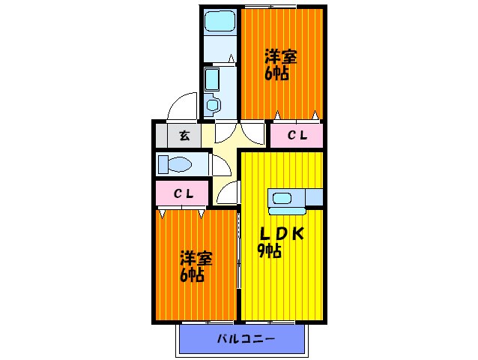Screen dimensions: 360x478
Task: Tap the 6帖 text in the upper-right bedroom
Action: [x=276, y=74]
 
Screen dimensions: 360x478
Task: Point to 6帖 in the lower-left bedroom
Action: [x=192, y=276]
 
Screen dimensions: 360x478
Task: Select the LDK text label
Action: [x=281, y=233]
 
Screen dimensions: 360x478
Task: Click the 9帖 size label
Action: [x=269, y=251]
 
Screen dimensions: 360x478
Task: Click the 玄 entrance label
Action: [x=184, y=136]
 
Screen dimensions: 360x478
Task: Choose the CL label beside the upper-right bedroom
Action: [x=297, y=136]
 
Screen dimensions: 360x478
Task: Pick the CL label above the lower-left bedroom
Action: [x=184, y=193]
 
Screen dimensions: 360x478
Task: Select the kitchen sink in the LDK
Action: [x=282, y=198]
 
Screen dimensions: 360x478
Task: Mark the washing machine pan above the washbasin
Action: [x=211, y=78]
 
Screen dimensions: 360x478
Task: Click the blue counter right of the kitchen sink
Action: [x=313, y=197]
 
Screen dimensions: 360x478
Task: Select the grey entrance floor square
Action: [x=184, y=136]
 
